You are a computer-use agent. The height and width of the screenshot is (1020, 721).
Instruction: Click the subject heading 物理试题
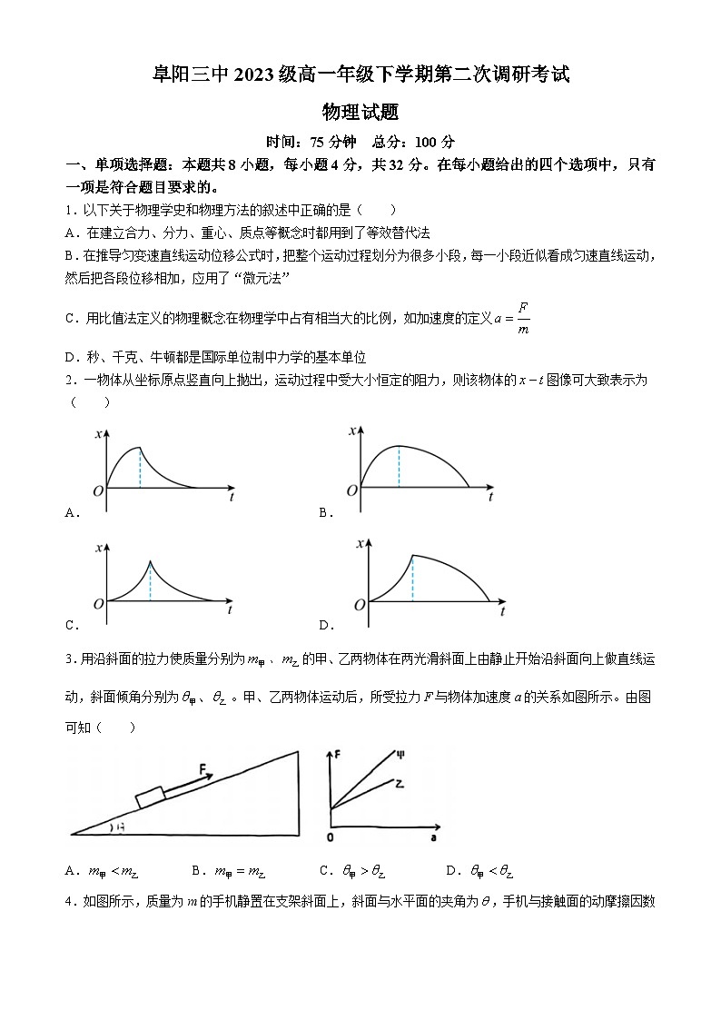point(360,113)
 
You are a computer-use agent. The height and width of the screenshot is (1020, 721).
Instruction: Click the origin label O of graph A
point(97,490)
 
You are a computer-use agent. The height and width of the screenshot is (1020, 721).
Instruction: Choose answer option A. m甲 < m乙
point(100,872)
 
